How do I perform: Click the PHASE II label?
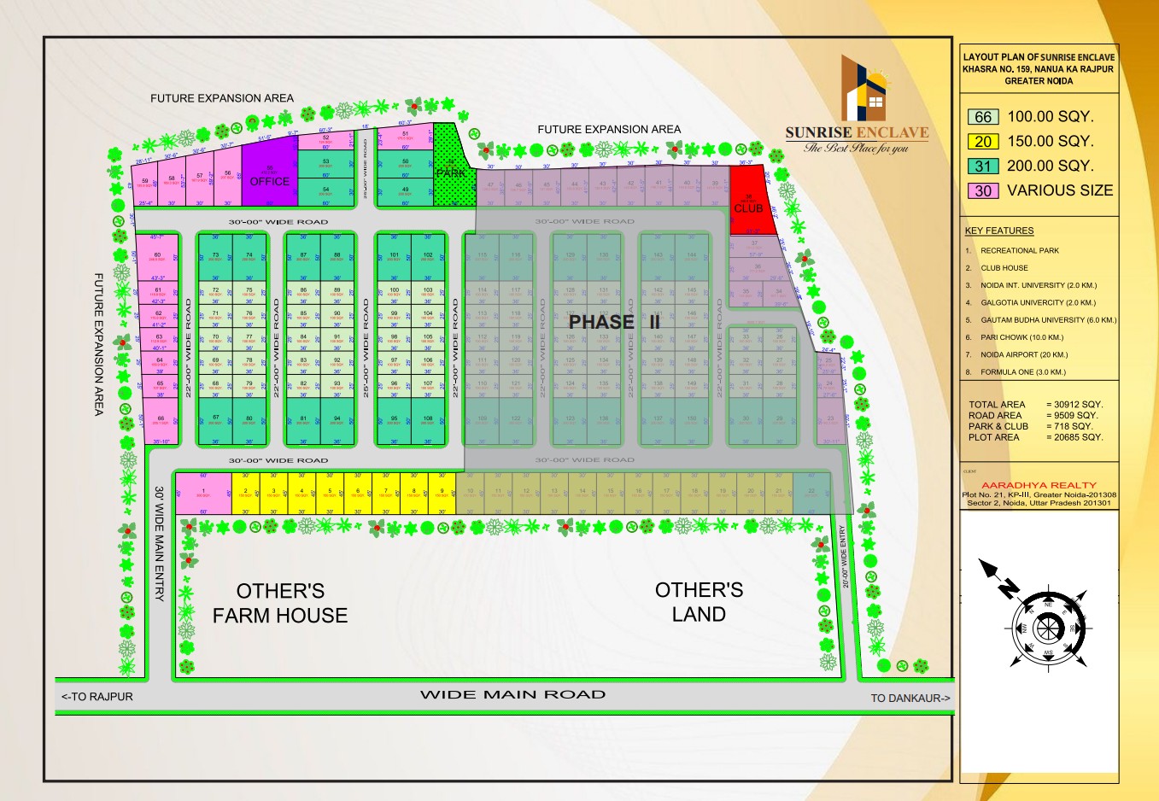pos(614,322)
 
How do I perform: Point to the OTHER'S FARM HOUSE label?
pos(280,603)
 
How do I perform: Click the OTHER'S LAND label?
pos(699,602)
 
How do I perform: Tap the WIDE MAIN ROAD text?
pos(512,694)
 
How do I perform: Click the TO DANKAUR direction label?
pos(910,698)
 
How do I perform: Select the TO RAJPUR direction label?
pos(97,697)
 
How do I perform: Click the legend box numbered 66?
pos(983,117)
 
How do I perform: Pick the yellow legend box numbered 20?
pos(983,142)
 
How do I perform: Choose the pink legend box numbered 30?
pos(983,191)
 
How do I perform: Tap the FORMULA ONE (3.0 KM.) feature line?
pos(1022,372)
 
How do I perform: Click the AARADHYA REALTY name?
pos(1039,485)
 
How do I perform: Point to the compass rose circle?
pos(1048,629)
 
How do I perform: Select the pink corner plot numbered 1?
pos(203,494)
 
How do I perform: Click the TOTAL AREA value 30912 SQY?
pos(1074,405)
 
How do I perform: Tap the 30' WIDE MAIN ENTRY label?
pos(159,544)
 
